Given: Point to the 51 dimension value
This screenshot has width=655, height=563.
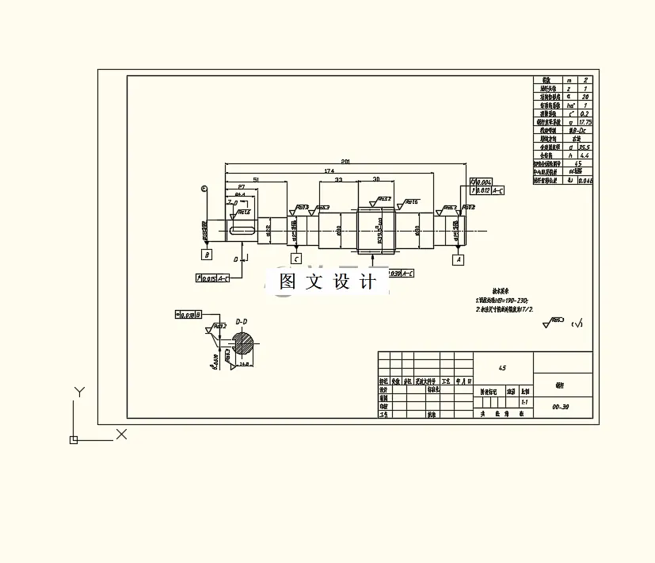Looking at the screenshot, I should coord(255,179).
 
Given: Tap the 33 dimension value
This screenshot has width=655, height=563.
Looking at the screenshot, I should coord(338,180).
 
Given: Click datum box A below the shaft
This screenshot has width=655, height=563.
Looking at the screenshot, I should coord(458,259).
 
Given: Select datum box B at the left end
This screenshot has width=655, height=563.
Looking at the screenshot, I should coord(207,255).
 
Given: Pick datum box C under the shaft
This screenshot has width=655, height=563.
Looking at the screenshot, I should coord(296,259).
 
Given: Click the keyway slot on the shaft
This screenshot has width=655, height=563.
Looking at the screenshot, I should coord(241,231).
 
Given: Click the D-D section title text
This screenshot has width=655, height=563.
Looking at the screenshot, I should coord(242,321).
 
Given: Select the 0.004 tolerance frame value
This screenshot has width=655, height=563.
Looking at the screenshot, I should coord(486,182).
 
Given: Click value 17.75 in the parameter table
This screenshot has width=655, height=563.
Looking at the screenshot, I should coord(585,122).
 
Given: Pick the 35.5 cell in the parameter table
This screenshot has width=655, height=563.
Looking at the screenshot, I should coord(585,147).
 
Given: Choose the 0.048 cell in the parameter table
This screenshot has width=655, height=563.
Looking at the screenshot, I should coord(585,181).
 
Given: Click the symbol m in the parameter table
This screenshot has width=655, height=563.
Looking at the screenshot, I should coord(569,80).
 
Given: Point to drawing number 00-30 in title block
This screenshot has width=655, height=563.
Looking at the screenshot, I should coord(561,407).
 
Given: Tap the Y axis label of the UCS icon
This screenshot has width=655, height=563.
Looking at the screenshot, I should coord(78,392).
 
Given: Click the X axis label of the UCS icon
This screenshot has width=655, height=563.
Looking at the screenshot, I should coord(122,434).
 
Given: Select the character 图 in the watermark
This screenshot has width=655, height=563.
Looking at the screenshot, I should coord(288,282).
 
